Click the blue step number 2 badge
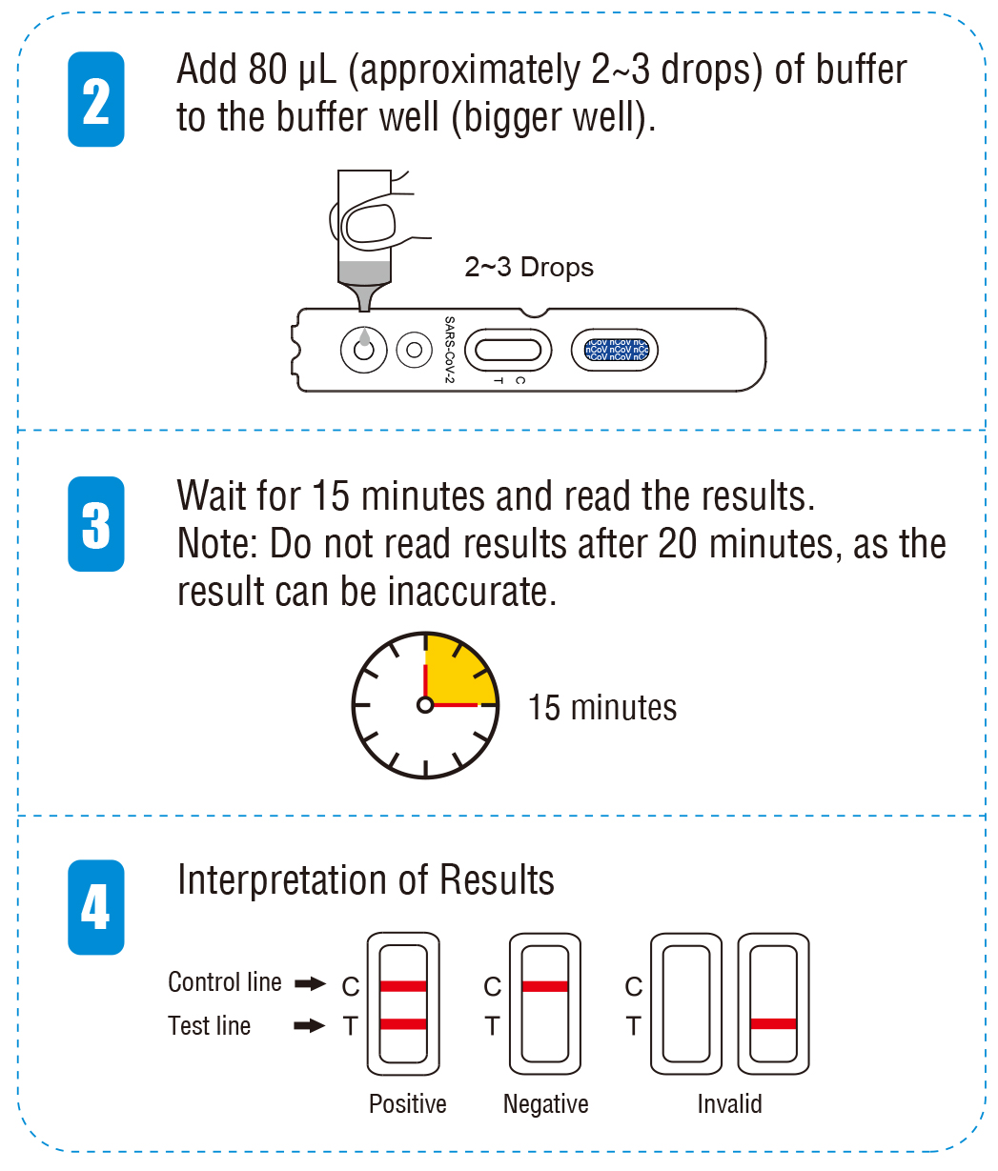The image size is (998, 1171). (95, 99)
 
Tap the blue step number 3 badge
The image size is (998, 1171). (95, 524)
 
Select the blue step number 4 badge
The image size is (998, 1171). (95, 907)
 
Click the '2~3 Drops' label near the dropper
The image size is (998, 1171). (529, 268)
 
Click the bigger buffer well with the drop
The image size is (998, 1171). (363, 350)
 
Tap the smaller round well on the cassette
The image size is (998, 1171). (414, 350)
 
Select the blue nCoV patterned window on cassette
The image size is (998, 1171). (616, 350)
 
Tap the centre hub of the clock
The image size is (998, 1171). (425, 705)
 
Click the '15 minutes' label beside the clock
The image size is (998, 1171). (602, 708)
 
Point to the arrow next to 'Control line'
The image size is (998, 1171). (311, 983)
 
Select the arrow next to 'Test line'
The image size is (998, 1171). (311, 1026)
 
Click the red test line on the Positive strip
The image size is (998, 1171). (403, 1024)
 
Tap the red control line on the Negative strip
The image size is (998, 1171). (545, 986)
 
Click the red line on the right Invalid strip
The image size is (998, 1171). (773, 1024)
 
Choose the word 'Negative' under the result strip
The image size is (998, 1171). (545, 1104)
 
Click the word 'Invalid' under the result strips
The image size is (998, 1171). (729, 1104)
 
